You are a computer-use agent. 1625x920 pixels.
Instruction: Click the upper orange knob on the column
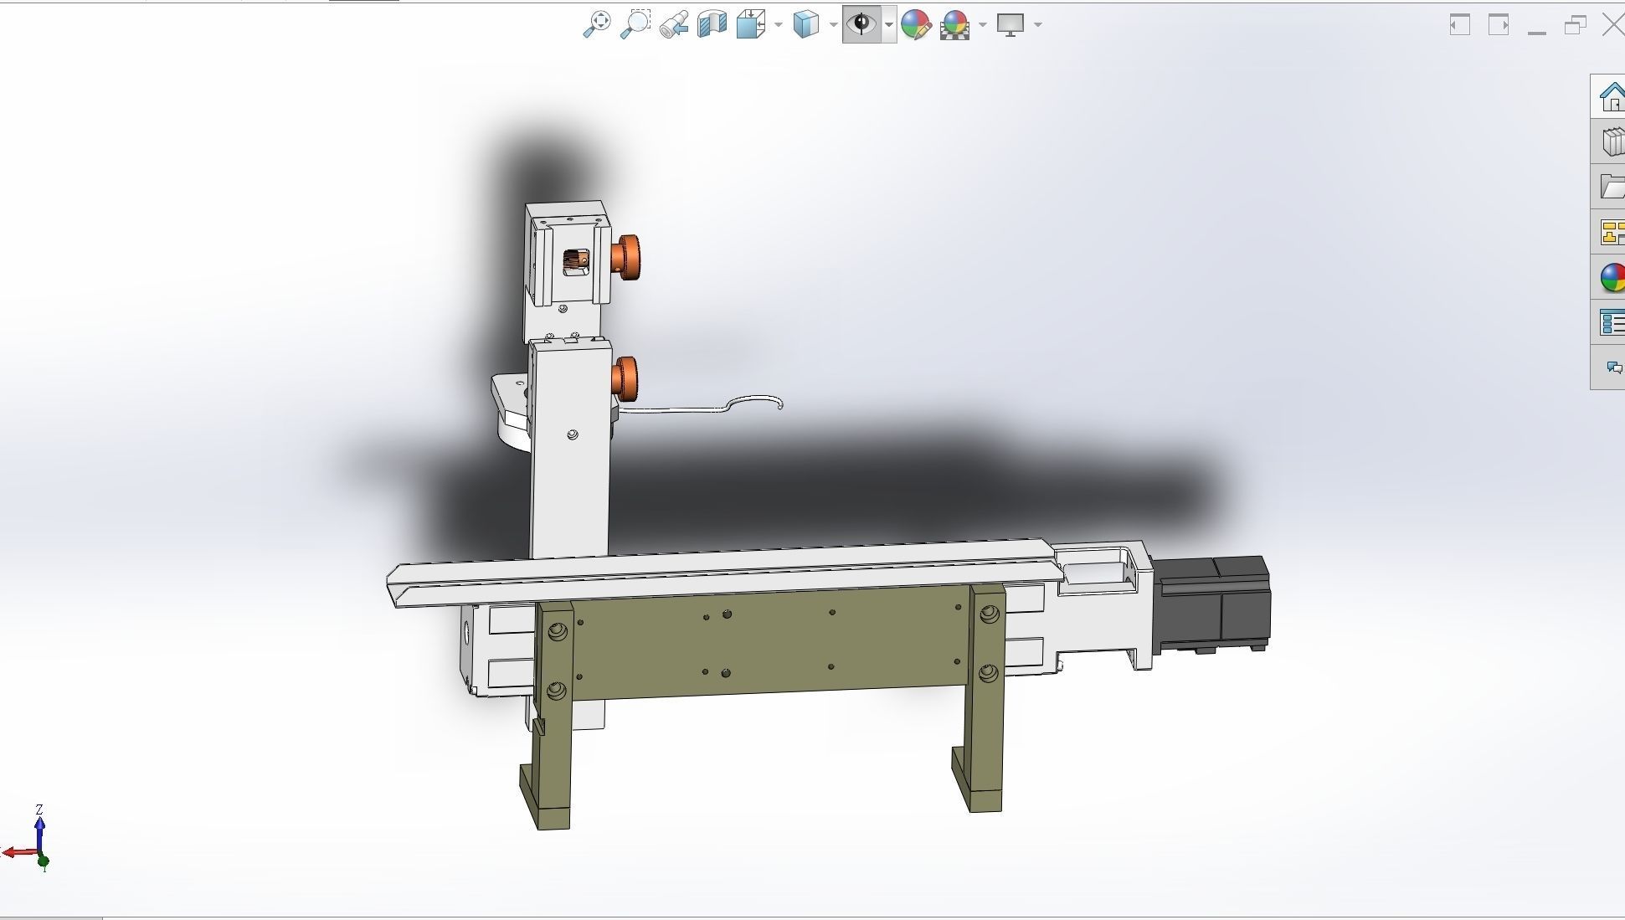(627, 256)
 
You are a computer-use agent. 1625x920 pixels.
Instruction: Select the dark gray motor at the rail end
(1211, 604)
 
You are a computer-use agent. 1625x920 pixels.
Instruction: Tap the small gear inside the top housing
(576, 261)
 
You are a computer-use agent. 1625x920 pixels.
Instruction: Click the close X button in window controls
(1612, 25)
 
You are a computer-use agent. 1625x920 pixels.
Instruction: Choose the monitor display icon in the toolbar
(1010, 24)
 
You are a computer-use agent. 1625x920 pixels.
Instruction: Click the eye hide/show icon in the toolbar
(861, 23)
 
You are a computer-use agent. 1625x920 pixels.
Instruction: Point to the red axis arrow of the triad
(13, 853)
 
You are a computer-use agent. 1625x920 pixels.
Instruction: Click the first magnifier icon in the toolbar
(597, 24)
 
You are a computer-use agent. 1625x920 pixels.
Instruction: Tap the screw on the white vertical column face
(573, 435)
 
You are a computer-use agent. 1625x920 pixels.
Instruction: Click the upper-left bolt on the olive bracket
(558, 632)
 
